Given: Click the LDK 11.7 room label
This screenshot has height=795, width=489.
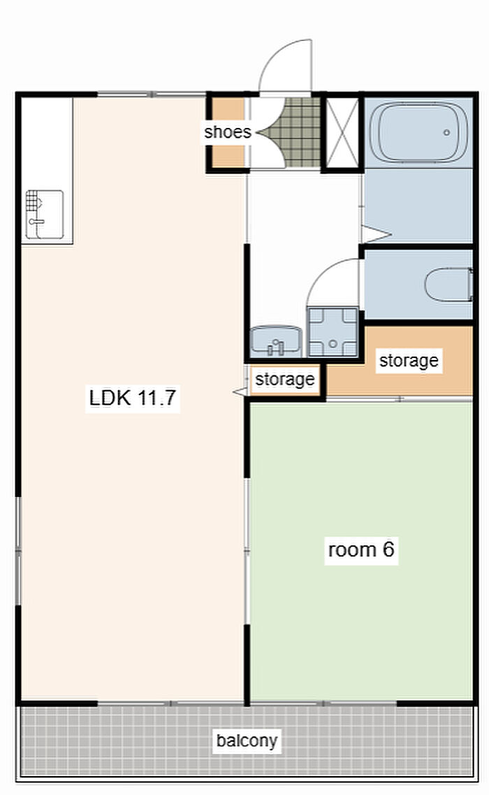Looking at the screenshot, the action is [132, 397].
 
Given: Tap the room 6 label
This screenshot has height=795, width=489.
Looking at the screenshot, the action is [360, 549].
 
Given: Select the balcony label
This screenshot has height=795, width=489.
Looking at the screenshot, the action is [247, 740].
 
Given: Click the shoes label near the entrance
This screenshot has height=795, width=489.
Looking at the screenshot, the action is [228, 132].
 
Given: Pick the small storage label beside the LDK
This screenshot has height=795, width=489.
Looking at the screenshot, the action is [285, 379].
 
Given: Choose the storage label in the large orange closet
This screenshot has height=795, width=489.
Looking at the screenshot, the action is [409, 361].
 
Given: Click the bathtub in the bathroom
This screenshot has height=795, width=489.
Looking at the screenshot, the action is [418, 132].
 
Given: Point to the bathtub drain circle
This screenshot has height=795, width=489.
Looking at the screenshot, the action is [446, 133].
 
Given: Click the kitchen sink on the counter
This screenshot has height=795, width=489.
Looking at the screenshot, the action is [45, 215].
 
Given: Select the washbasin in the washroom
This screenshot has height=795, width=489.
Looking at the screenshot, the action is [276, 341].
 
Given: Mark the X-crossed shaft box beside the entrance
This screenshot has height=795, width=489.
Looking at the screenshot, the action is [342, 132].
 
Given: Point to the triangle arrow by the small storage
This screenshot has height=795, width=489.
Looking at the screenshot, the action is [239, 392].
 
